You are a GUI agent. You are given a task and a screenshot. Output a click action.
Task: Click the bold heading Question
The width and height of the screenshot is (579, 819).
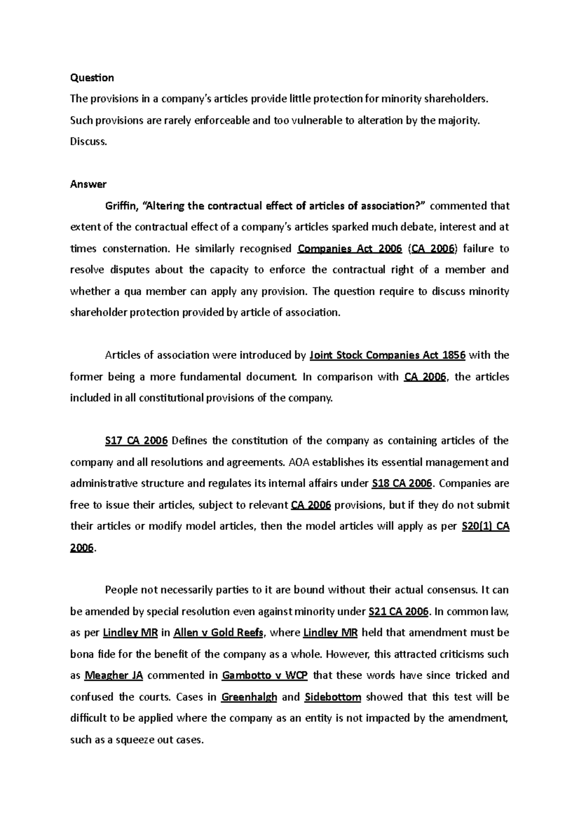pyautogui.click(x=92, y=78)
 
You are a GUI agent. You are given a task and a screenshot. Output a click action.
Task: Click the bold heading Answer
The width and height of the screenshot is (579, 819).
pyautogui.click(x=88, y=184)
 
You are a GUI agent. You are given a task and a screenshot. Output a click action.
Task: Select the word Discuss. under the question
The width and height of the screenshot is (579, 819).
pyautogui.click(x=87, y=142)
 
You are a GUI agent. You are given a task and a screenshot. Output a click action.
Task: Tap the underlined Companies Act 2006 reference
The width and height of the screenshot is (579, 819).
pyautogui.click(x=350, y=249)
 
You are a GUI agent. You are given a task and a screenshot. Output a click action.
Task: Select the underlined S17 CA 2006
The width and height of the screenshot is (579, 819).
pyautogui.click(x=136, y=441)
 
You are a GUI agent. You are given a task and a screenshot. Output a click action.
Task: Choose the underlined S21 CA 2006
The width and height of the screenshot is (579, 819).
pyautogui.click(x=398, y=612)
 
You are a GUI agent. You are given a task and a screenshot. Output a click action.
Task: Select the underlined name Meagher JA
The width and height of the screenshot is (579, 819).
pyautogui.click(x=113, y=675)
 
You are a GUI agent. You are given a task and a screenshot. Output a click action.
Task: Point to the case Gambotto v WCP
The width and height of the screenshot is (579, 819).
pyautogui.click(x=264, y=675)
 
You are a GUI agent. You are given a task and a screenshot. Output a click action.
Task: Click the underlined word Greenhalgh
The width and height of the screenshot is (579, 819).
pyautogui.click(x=249, y=697)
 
